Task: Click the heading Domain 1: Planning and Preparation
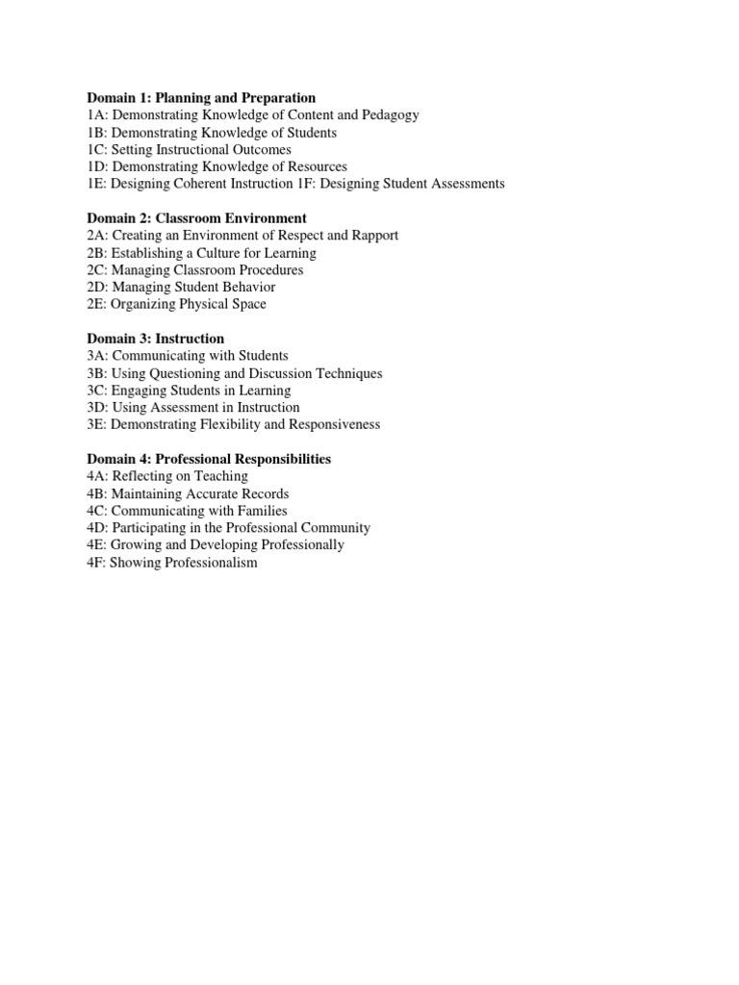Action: [x=201, y=98]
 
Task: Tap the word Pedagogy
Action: [x=389, y=115]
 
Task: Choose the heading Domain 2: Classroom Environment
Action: [x=196, y=218]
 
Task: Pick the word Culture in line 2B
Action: [x=227, y=253]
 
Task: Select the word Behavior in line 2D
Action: [x=246, y=288]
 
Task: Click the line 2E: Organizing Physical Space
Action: [x=176, y=305]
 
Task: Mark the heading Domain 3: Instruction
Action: [x=156, y=339]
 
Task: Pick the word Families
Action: [x=258, y=511]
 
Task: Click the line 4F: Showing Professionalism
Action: [x=172, y=563]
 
